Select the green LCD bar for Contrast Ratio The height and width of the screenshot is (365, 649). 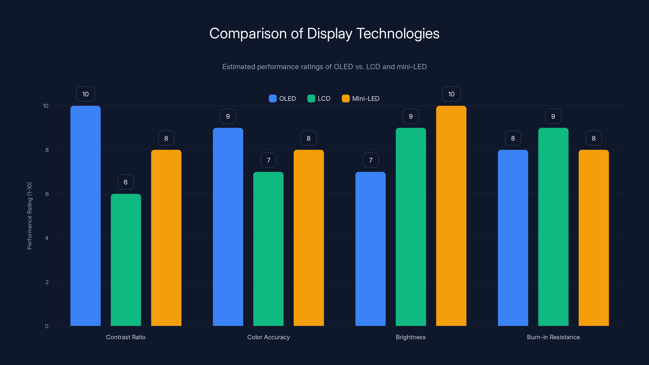pos(126,260)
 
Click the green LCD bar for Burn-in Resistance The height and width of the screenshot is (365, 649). pos(553,227)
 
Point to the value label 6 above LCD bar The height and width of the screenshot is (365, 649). pos(126,182)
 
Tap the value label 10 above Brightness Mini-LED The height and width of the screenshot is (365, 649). pos(451,94)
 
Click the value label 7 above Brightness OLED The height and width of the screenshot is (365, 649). pos(371,160)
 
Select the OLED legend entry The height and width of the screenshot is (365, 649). pos(283,99)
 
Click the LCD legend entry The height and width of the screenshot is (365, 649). pos(319,99)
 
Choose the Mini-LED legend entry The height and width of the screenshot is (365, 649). pos(361,99)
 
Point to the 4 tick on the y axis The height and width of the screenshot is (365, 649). pos(47,238)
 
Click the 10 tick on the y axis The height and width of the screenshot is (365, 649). pos(46,106)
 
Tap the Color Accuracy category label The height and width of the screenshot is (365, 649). pos(268,337)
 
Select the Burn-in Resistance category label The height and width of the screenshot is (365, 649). pos(553,337)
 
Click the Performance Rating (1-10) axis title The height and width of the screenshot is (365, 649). pos(29,216)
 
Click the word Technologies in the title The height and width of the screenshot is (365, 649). pos(398,33)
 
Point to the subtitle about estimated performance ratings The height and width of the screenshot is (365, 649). pos(324,67)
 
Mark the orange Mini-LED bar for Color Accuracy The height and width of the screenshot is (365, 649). pos(309,238)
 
